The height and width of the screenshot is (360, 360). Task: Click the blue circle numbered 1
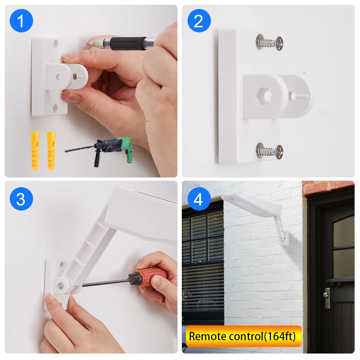[21, 21]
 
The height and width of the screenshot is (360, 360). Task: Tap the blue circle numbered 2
[199, 21]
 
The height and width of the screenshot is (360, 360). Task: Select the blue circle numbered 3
[21, 199]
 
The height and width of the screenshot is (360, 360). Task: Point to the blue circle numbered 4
[199, 199]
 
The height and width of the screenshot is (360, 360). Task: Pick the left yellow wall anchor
[35, 151]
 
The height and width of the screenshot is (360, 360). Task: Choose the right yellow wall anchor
[51, 151]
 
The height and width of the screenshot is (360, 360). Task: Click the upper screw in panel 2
[269, 43]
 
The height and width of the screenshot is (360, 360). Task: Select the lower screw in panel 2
[269, 151]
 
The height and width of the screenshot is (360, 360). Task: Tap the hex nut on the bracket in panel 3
[60, 286]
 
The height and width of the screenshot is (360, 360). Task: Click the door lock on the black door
[327, 297]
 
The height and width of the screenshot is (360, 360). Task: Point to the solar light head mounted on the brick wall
[251, 205]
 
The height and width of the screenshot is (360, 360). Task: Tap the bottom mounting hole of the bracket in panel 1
[56, 108]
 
